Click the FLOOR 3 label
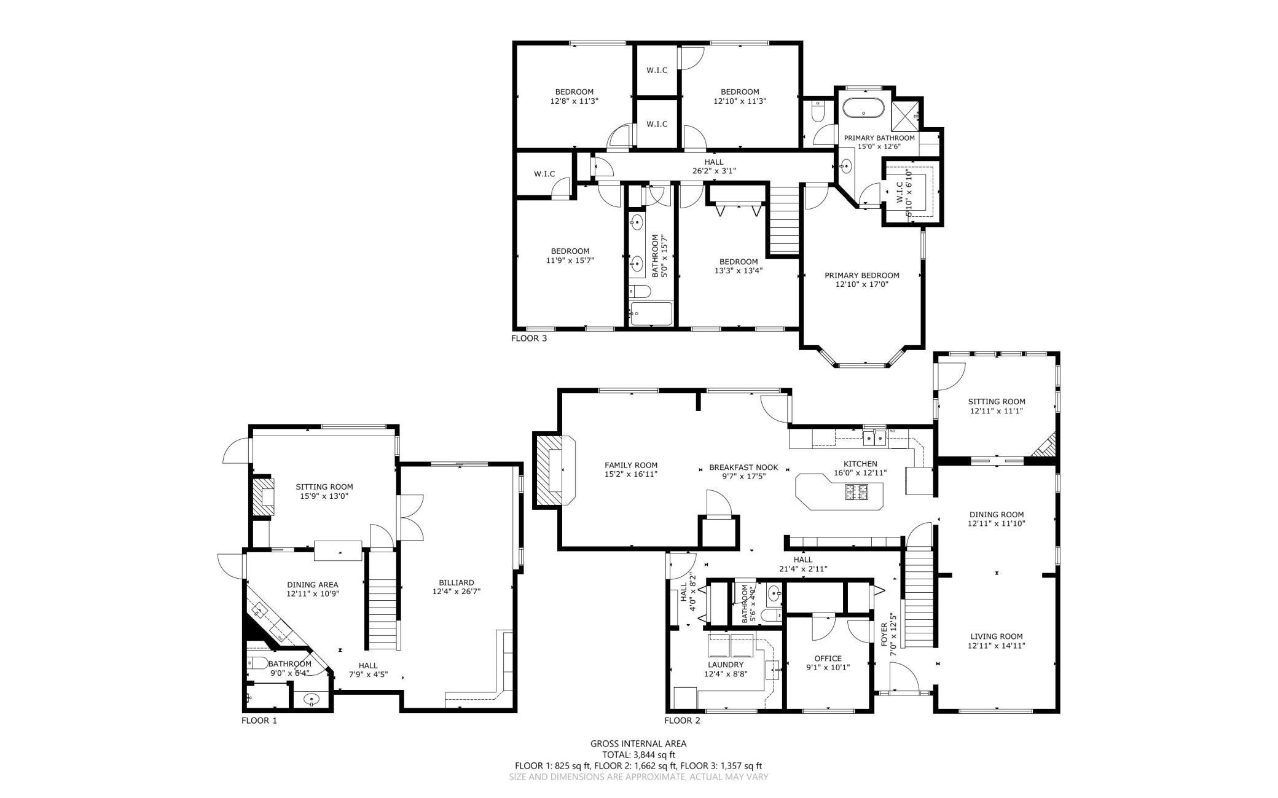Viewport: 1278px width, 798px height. (x=528, y=338)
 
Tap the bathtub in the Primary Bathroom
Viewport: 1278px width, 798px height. (x=863, y=109)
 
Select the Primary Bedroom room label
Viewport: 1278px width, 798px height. (x=861, y=275)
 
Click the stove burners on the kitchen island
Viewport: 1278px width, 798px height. (x=857, y=491)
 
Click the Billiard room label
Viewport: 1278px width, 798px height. (x=456, y=582)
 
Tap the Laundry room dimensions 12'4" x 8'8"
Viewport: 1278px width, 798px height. (x=725, y=674)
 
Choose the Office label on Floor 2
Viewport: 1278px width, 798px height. (x=828, y=659)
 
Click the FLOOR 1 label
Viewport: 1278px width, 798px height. (x=259, y=721)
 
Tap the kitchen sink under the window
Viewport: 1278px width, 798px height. (x=874, y=437)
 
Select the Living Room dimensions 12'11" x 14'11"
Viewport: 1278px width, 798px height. (x=996, y=646)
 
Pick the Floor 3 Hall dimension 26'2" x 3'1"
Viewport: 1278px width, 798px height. (x=714, y=171)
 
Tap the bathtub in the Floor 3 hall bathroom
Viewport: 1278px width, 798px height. (x=651, y=314)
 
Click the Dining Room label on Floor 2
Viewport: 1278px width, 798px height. (x=997, y=515)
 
